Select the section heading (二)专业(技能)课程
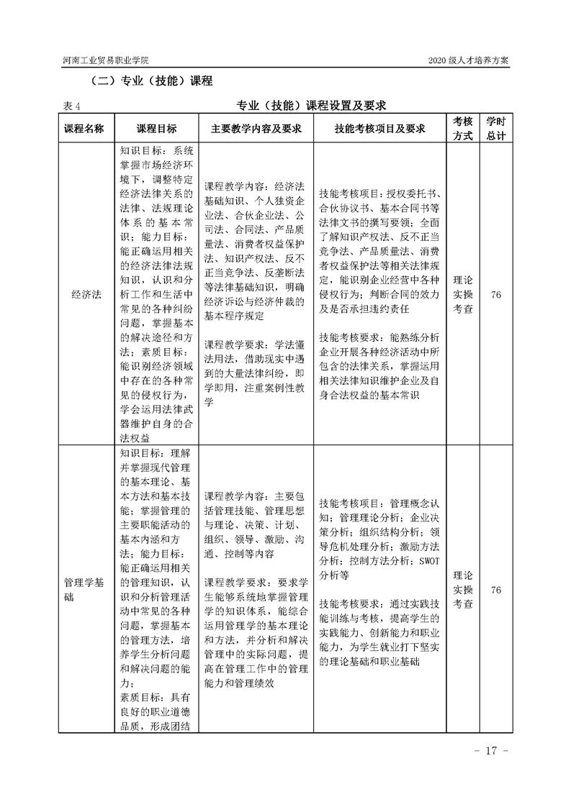150,81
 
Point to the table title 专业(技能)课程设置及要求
312,106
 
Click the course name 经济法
85,294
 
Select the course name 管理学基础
85,591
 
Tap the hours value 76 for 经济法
495,294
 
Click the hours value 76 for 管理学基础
495,591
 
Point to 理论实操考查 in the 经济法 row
462,294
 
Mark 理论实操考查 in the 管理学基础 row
462,591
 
